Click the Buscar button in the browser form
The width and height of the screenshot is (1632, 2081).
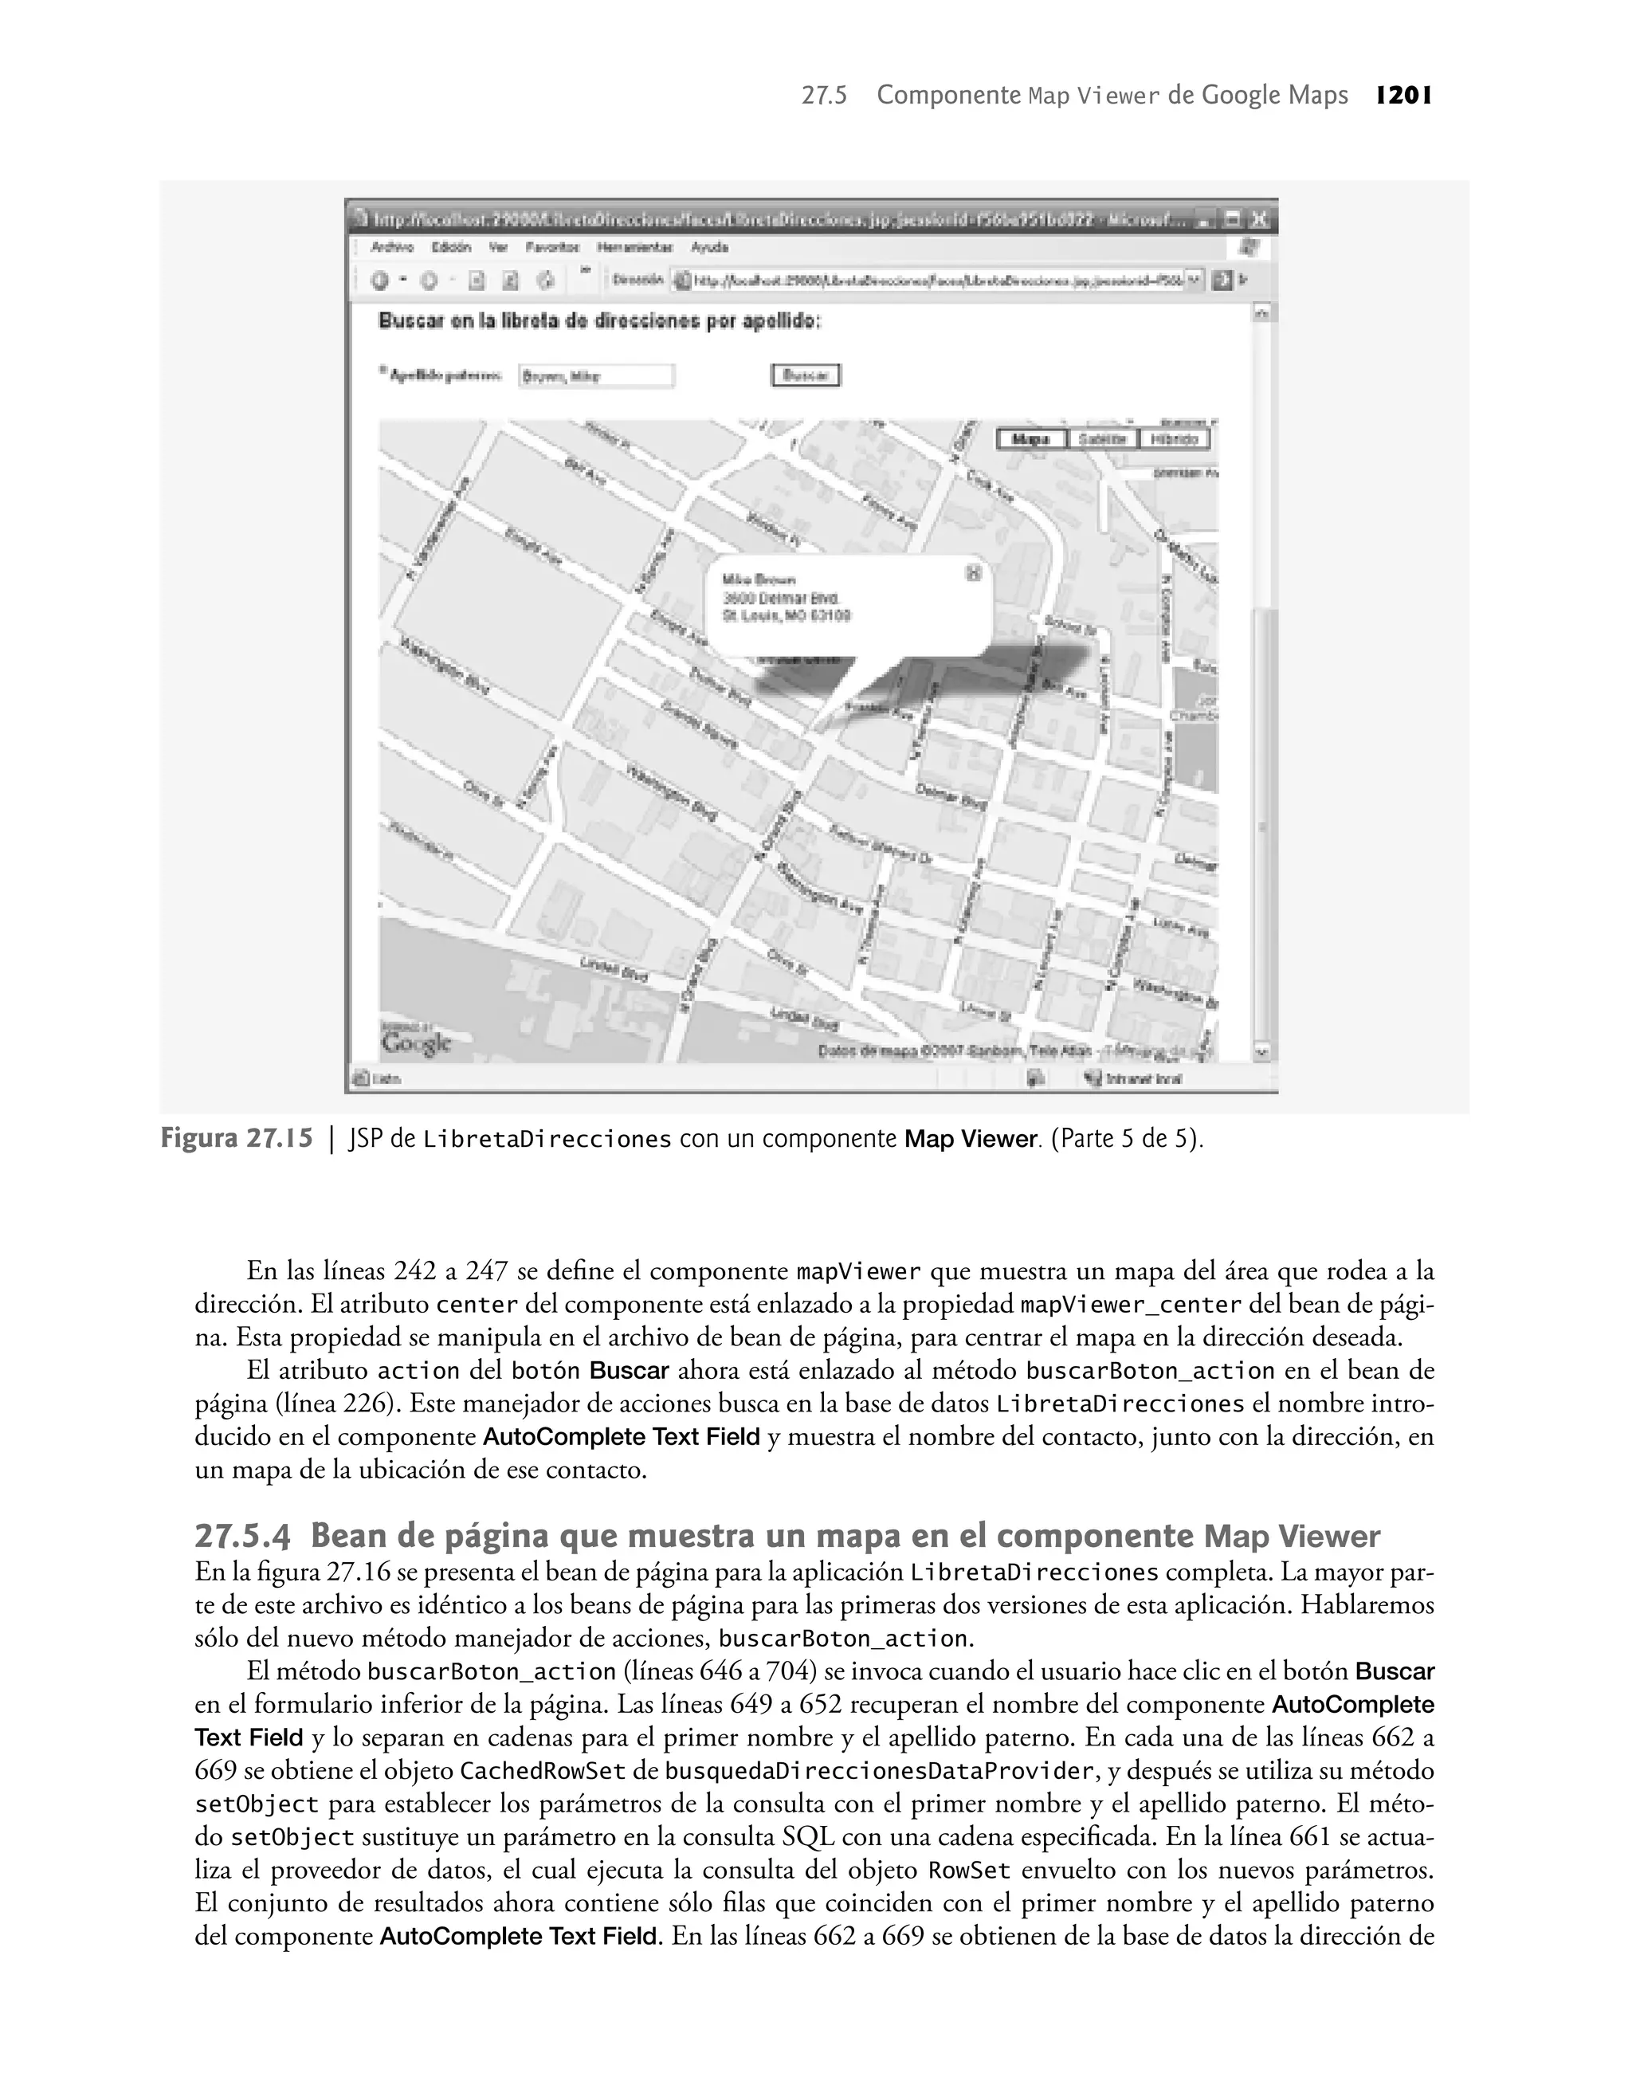click(x=806, y=375)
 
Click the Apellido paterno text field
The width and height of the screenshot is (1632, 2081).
click(x=596, y=376)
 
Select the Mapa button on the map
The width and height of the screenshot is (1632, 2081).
click(x=1030, y=438)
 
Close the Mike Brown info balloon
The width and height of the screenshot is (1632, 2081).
click(x=974, y=572)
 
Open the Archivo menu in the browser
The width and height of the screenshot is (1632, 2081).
click(x=393, y=247)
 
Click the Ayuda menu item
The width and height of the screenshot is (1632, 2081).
click(x=710, y=247)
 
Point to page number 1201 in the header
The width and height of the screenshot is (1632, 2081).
click(x=1402, y=96)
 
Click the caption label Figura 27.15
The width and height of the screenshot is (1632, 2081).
click(x=236, y=1139)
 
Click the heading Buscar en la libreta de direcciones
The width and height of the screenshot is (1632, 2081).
click(x=600, y=321)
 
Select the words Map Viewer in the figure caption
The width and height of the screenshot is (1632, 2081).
click(x=970, y=1139)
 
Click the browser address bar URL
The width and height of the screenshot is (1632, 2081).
click(x=936, y=281)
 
